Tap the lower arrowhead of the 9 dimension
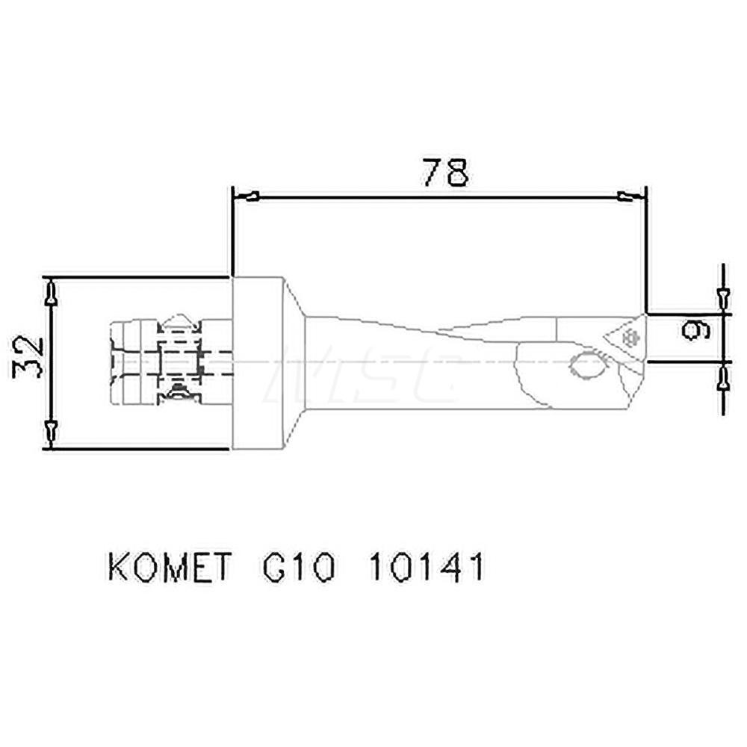pyautogui.click(x=722, y=380)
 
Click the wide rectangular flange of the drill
pyautogui.click(x=258, y=363)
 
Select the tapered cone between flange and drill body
pyautogui.click(x=294, y=363)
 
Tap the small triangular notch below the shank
pyautogui.click(x=179, y=394)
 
